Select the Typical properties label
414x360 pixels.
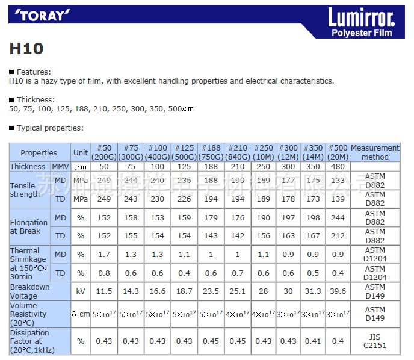(50, 128)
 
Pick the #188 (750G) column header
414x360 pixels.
(211, 152)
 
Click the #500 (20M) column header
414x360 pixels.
(338, 152)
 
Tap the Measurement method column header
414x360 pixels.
(375, 152)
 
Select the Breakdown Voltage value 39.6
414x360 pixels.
(338, 291)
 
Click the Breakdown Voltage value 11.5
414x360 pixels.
(104, 291)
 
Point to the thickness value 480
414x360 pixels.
(338, 166)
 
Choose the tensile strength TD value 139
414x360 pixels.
(338, 199)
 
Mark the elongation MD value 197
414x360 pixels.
(288, 217)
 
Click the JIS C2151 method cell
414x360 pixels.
(375, 341)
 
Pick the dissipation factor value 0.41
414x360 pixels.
(313, 341)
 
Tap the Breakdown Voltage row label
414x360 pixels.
(29, 291)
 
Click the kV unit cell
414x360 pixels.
(81, 291)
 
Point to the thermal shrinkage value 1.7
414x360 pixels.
(104, 255)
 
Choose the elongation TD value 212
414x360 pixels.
(338, 236)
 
